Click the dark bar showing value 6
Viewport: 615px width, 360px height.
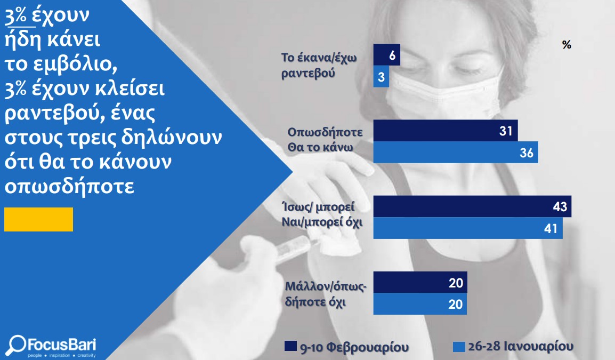tap(386, 54)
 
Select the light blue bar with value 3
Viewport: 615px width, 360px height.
tap(381, 76)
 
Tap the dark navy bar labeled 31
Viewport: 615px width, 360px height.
tap(445, 131)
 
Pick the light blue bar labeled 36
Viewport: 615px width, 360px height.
tap(455, 153)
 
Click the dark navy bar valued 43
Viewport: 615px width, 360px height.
tap(472, 206)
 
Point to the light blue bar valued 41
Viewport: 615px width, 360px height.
tap(468, 228)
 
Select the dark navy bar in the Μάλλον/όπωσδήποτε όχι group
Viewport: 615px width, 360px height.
tap(420, 282)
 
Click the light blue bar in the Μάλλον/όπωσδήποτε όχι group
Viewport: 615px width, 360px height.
tap(420, 304)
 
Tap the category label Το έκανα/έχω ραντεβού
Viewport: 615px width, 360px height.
tap(319, 65)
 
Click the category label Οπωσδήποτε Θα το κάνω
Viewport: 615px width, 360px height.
tap(325, 139)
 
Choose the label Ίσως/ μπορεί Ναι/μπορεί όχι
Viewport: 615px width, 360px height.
tap(321, 214)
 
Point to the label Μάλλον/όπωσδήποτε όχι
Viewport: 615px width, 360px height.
tap(326, 294)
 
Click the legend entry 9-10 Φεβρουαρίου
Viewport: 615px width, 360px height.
tap(347, 347)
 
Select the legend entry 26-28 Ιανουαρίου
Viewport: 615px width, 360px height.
tap(513, 347)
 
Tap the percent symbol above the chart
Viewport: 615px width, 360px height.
tap(567, 45)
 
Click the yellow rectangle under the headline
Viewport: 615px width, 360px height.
tap(38, 219)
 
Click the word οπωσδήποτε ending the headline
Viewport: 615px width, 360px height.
tap(69, 186)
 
